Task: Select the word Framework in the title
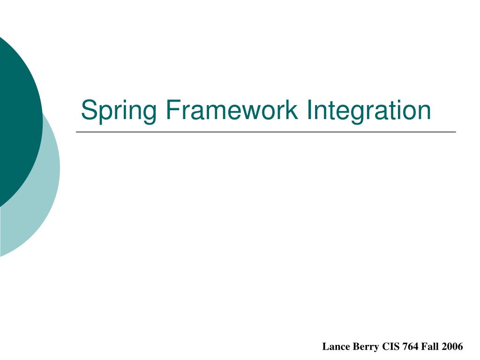pyautogui.click(x=230, y=111)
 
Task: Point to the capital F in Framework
pyautogui.click(x=170, y=111)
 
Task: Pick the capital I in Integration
pyautogui.click(x=310, y=111)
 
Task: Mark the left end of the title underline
pyautogui.click(x=77, y=132)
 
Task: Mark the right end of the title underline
pyautogui.click(x=455, y=132)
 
